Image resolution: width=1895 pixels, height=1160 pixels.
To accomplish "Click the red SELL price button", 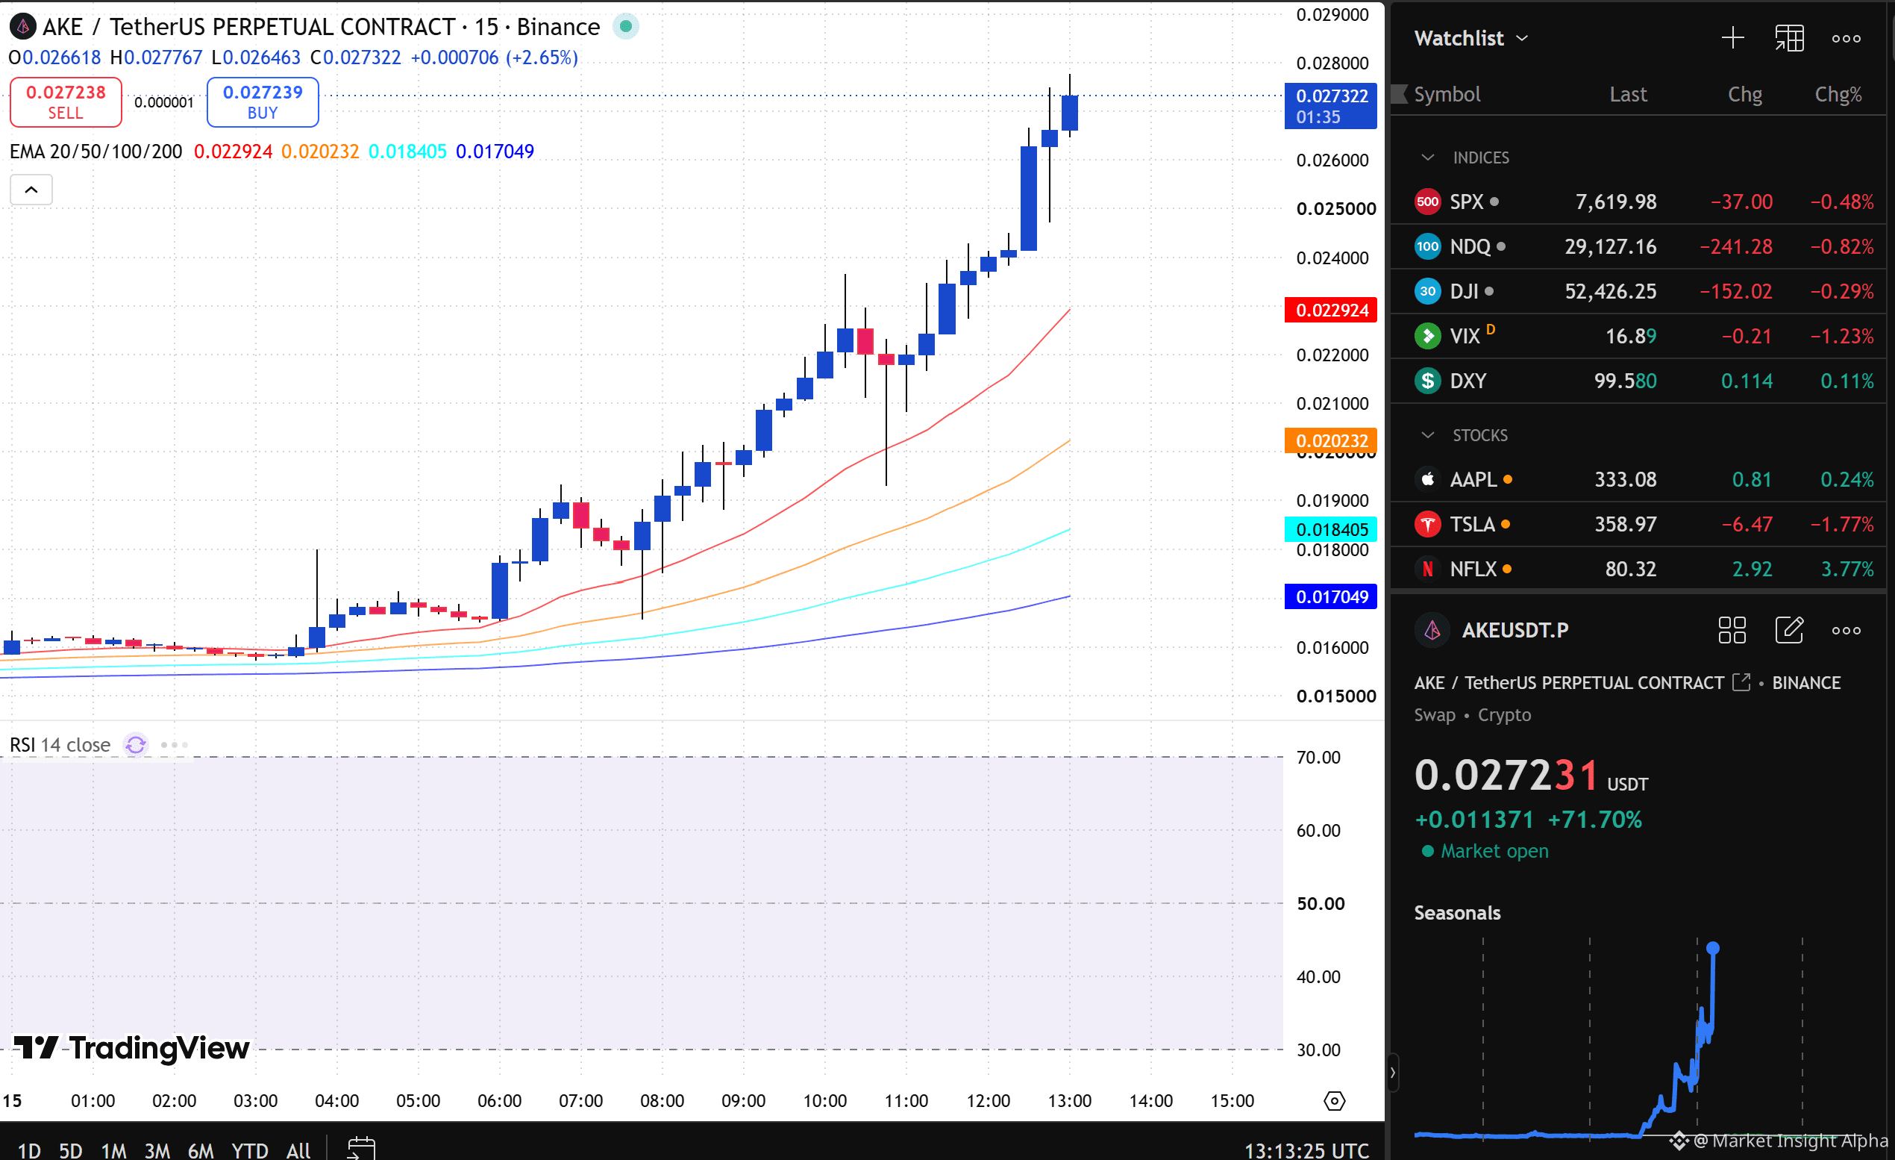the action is (66, 102).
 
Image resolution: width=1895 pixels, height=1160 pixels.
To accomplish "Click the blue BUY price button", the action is (263, 102).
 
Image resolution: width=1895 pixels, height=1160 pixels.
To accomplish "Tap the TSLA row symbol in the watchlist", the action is (1471, 525).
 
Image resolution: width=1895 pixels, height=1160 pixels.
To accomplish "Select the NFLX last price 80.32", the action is (1630, 570).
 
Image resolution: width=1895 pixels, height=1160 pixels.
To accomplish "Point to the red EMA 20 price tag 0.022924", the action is (1331, 310).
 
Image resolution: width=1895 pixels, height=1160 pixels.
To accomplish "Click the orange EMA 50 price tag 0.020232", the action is (1331, 440).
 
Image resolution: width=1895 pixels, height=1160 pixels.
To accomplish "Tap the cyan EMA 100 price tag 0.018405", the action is (1331, 529).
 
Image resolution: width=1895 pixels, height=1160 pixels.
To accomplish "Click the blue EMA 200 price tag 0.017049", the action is (1331, 597).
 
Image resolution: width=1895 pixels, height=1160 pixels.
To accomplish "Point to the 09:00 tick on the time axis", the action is (743, 1101).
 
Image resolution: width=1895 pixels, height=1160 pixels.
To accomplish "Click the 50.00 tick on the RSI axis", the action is (1321, 904).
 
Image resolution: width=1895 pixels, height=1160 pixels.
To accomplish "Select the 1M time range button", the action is (114, 1150).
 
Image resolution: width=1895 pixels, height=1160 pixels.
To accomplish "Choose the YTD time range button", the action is (249, 1150).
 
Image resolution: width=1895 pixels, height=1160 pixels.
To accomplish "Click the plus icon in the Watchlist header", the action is (1732, 37).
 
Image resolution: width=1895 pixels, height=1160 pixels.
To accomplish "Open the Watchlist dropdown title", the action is (1470, 37).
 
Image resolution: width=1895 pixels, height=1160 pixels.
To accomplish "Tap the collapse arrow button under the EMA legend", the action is (31, 190).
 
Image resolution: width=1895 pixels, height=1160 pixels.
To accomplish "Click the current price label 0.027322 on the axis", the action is (1330, 106).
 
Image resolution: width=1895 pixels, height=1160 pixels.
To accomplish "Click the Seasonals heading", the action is (1457, 913).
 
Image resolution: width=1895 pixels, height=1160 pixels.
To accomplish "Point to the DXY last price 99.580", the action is (1625, 381).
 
